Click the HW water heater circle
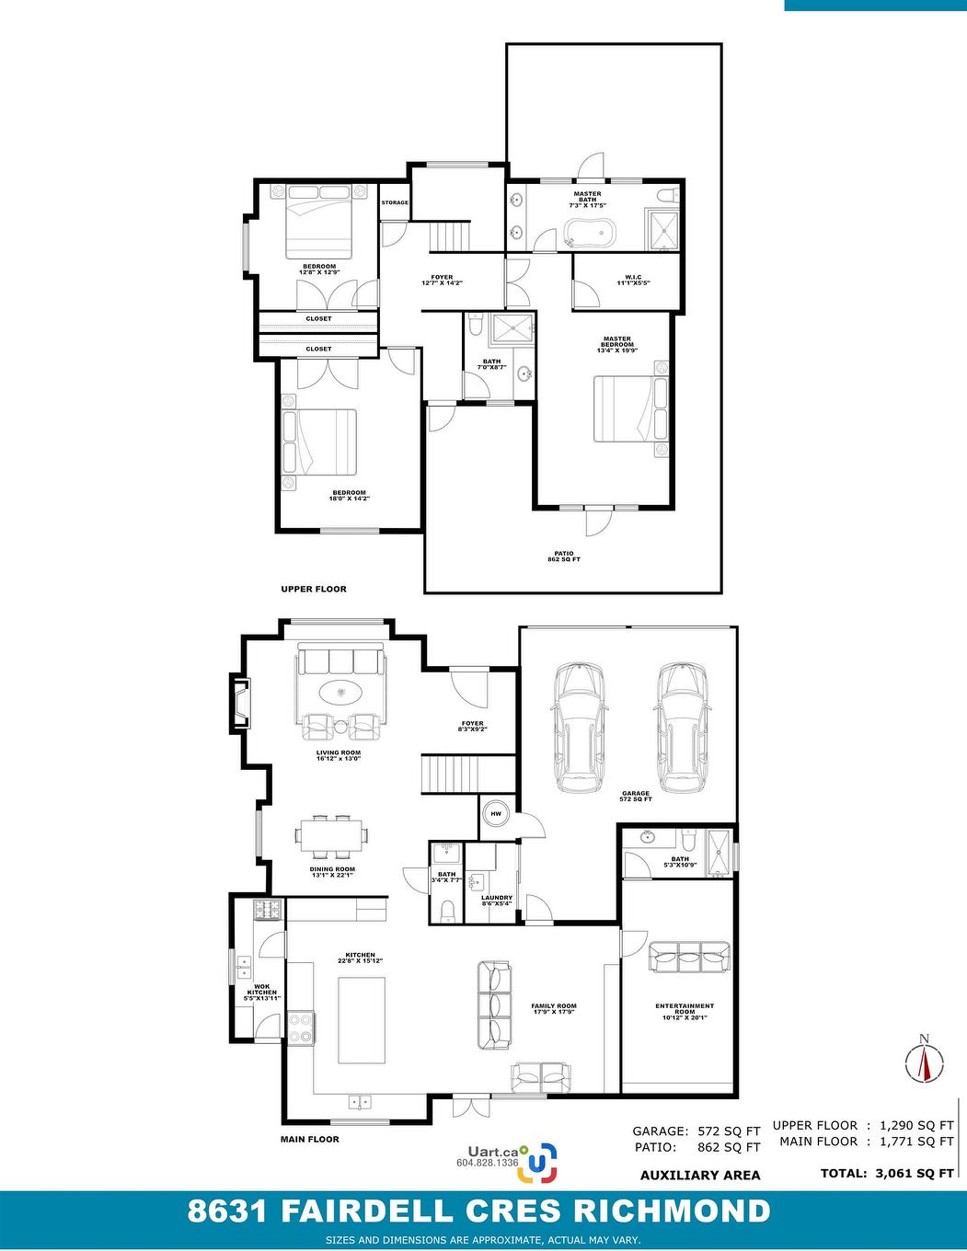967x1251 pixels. [x=496, y=814]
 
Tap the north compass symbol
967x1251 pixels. [x=925, y=1059]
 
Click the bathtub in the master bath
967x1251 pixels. [x=590, y=234]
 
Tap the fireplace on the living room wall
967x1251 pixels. [x=241, y=703]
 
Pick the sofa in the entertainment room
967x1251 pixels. [x=689, y=958]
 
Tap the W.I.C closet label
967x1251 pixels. [x=634, y=281]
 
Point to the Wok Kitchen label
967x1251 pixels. [x=261, y=993]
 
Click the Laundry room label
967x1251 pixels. [x=497, y=901]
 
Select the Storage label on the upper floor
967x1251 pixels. [x=395, y=202]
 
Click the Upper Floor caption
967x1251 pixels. [x=314, y=589]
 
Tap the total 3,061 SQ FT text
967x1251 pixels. [x=887, y=1173]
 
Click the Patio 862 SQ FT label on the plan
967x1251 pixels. [x=564, y=557]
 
